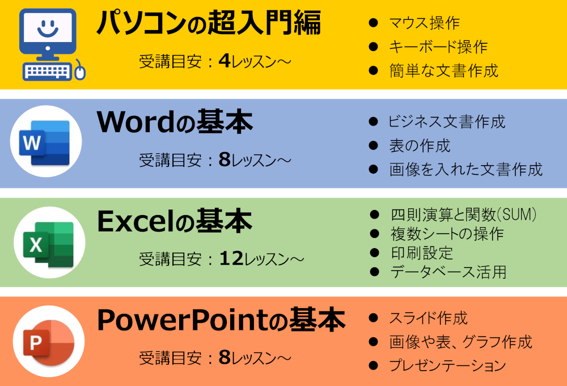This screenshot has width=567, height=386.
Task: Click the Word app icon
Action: click(45, 142)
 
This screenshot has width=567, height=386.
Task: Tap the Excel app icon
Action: click(48, 244)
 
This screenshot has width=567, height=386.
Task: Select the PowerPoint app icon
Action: click(48, 342)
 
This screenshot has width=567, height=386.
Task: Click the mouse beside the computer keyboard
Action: click(79, 70)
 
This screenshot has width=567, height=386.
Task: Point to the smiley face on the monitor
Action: click(48, 28)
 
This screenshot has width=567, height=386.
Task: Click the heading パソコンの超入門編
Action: click(209, 23)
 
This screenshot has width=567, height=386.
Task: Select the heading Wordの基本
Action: click(175, 122)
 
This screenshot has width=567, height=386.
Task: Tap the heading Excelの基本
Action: click(175, 221)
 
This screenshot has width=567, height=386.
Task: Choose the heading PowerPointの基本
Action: click(221, 320)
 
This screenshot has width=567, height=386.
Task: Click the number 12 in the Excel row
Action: click(231, 258)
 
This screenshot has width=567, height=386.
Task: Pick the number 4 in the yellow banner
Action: click(225, 61)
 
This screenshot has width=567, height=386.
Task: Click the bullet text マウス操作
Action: click(424, 23)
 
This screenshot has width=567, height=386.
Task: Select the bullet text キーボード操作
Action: click(438, 47)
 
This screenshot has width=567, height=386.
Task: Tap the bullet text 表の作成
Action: click(420, 145)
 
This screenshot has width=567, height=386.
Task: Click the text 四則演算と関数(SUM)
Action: click(464, 215)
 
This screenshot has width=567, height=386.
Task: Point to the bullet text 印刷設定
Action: click(422, 253)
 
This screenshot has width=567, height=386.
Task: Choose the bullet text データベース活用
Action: click(448, 272)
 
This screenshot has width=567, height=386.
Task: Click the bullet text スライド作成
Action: click(428, 318)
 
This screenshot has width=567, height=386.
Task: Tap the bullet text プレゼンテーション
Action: click(448, 366)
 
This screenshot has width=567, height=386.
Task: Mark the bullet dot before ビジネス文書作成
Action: click(373, 121)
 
